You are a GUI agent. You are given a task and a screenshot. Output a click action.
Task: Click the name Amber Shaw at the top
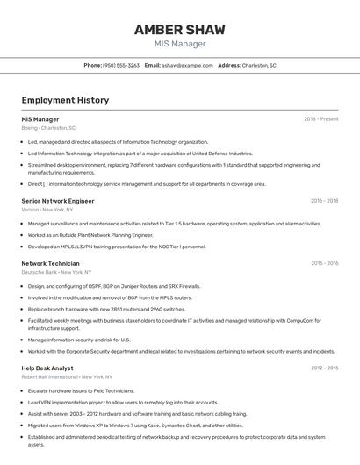(x=180, y=30)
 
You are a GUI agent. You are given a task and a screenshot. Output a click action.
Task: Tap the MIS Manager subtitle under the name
(x=180, y=44)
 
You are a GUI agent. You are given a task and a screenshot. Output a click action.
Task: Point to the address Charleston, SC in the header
(x=259, y=65)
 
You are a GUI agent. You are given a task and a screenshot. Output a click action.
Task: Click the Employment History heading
(x=65, y=100)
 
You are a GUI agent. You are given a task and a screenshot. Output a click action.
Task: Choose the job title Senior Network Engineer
(x=57, y=201)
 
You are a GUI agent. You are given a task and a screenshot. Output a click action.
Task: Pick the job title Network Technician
(x=50, y=263)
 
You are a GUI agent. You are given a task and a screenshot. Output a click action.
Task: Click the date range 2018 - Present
(x=320, y=119)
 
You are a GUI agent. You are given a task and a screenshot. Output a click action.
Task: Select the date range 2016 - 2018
(x=324, y=201)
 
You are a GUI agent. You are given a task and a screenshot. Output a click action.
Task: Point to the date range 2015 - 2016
(x=324, y=263)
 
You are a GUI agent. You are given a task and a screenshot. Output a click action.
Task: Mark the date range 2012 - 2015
(x=324, y=368)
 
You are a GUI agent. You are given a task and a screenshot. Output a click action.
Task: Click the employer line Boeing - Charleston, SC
(x=48, y=128)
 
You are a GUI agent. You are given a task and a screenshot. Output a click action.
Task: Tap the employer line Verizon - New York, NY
(x=48, y=210)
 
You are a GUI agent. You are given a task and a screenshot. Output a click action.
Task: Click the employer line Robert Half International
(x=61, y=376)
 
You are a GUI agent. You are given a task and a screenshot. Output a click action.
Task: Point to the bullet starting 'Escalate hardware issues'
(x=81, y=390)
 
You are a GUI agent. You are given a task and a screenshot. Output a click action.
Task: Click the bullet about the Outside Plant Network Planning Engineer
(x=90, y=235)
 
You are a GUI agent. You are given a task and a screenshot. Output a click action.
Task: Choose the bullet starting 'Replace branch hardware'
(x=106, y=309)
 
